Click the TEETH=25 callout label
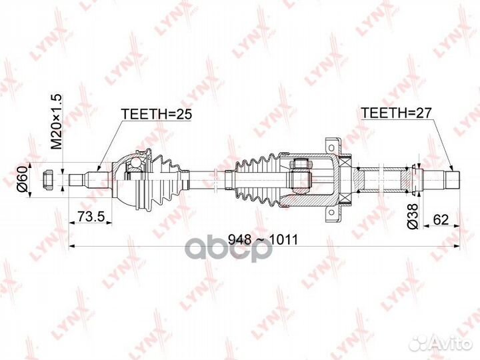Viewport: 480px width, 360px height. pyautogui.click(x=156, y=114)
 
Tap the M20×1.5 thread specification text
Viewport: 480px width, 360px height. pyautogui.click(x=57, y=121)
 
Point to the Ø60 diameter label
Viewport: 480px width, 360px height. pyautogui.click(x=23, y=179)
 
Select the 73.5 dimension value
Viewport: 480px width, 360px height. pyautogui.click(x=91, y=216)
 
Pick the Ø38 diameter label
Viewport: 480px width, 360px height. pyautogui.click(x=413, y=216)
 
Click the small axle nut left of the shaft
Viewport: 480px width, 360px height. pyautogui.click(x=49, y=179)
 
